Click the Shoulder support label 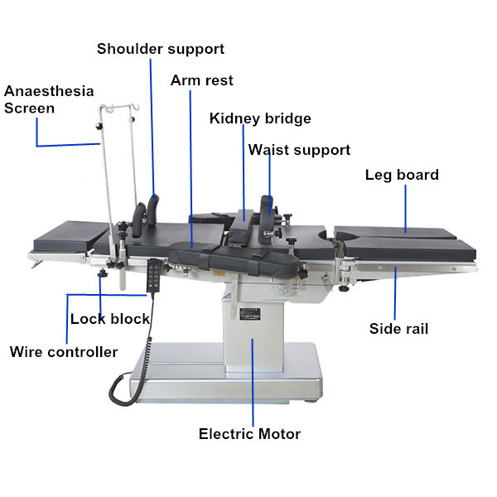[x=161, y=49]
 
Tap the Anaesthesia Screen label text [x=49, y=99]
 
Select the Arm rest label [x=201, y=80]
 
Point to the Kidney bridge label [x=260, y=118]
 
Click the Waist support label [x=299, y=150]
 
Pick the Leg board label [x=402, y=175]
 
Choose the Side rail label [x=398, y=329]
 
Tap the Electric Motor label [x=249, y=434]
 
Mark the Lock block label [x=110, y=319]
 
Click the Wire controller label [x=64, y=352]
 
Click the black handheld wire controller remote [x=153, y=277]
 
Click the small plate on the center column [x=249, y=315]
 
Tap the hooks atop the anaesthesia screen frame [x=117, y=110]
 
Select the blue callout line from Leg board [x=406, y=207]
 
